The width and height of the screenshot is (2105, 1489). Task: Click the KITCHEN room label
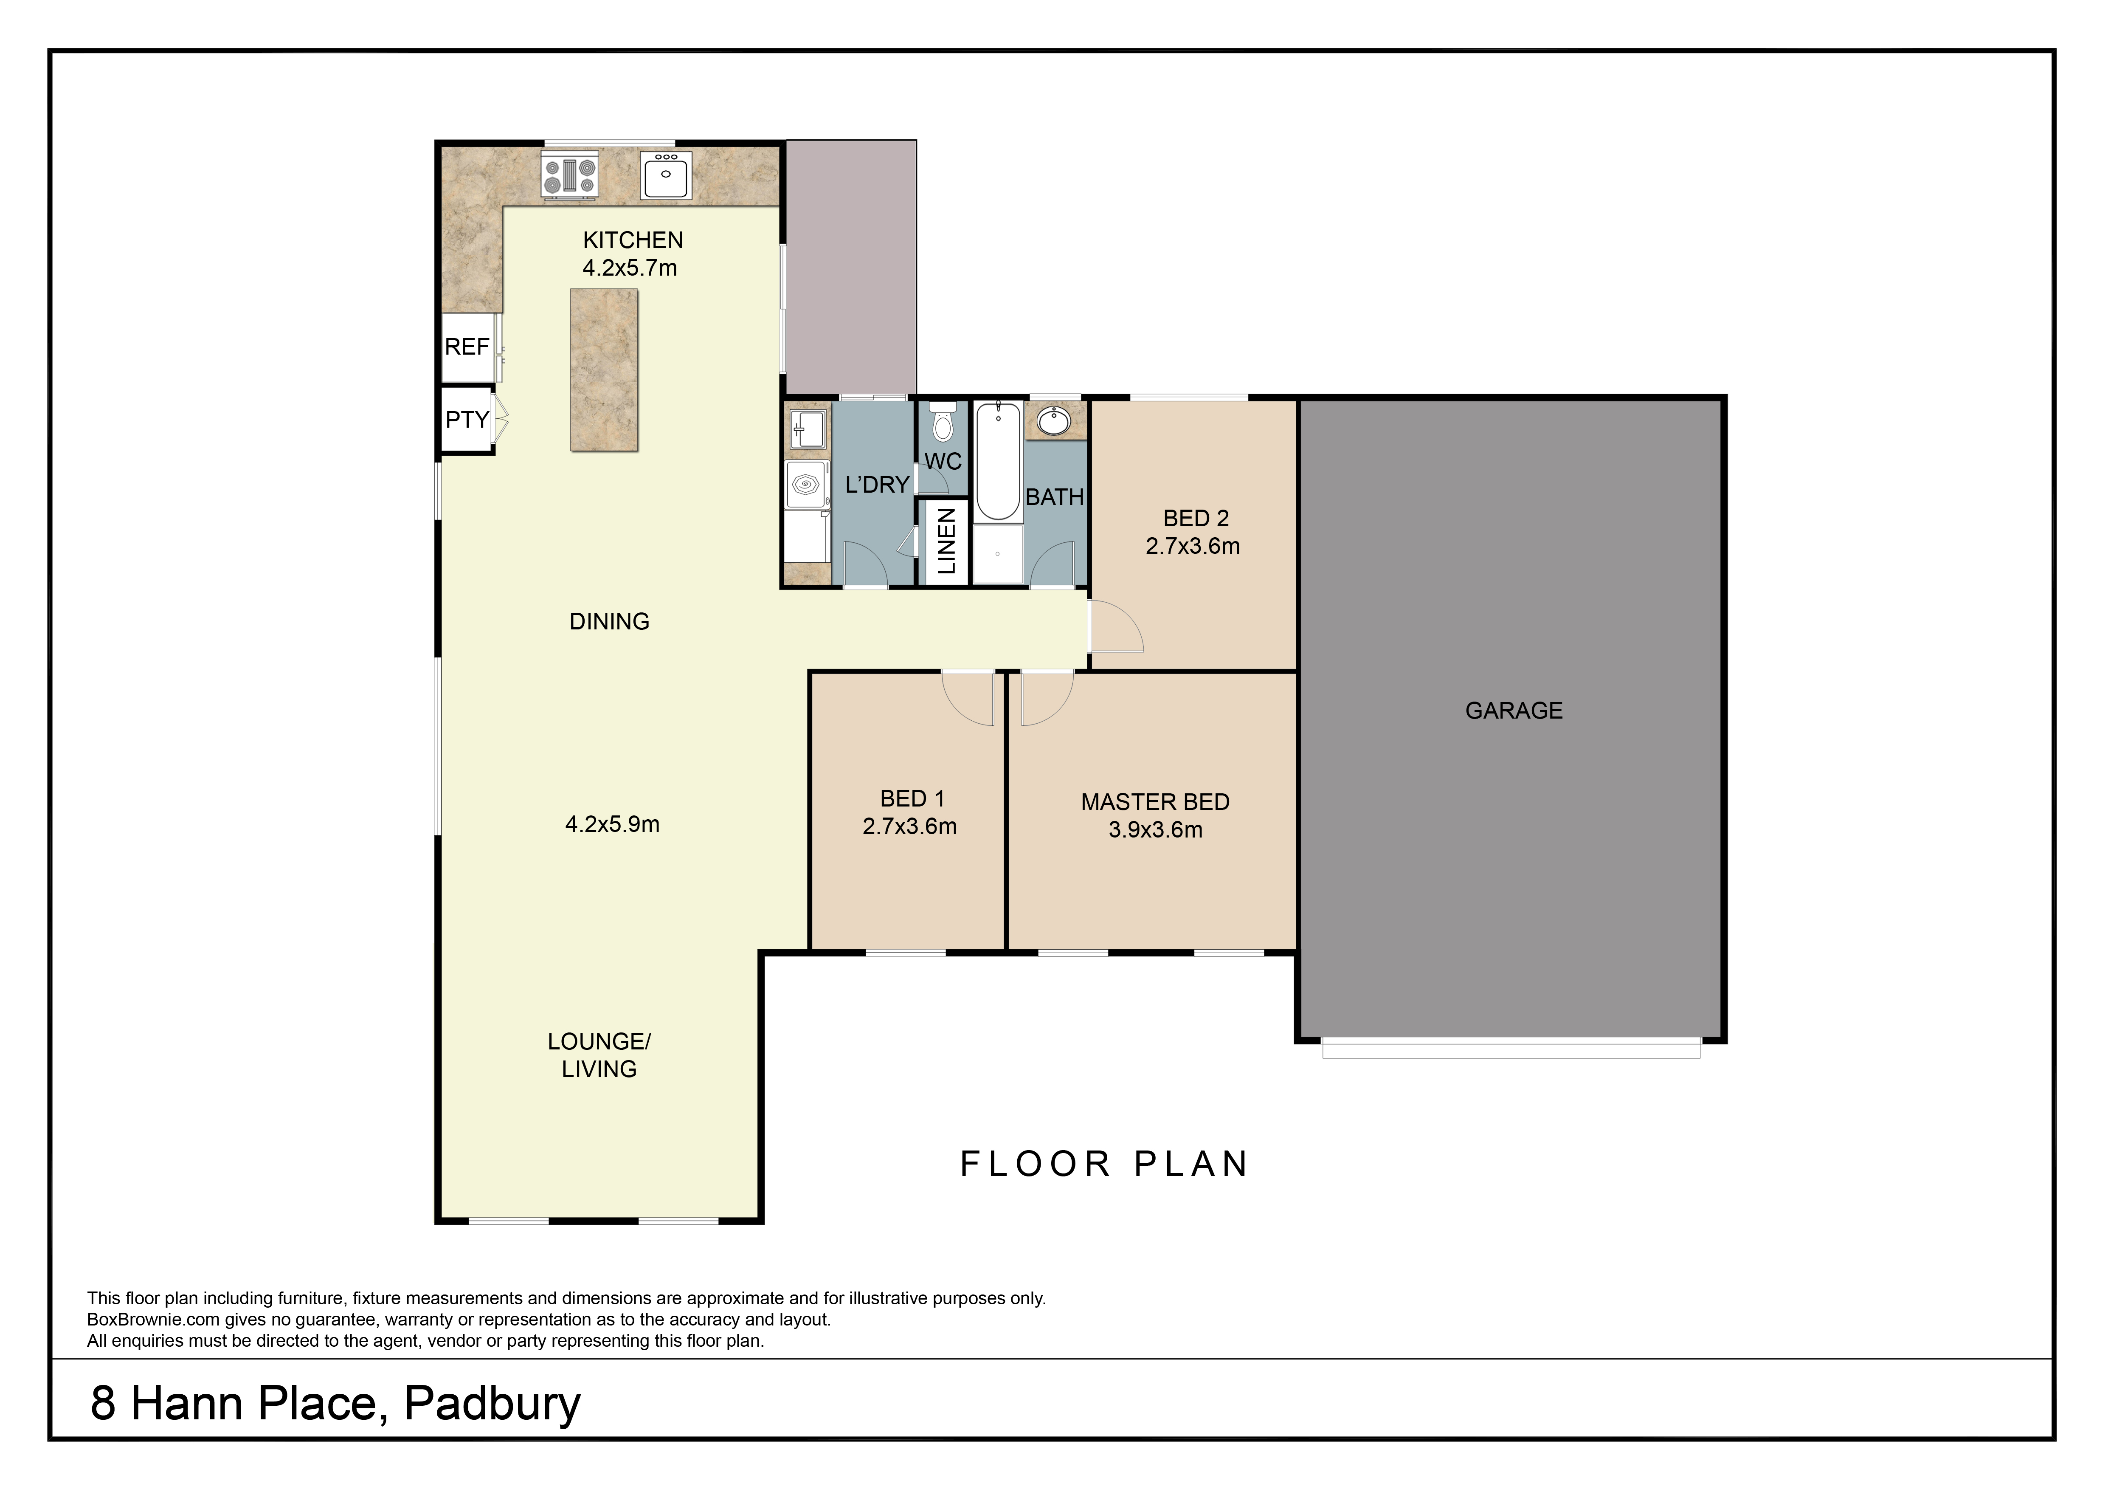633,240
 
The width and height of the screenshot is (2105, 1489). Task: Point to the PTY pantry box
467,420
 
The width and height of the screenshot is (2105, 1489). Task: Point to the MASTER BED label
1155,802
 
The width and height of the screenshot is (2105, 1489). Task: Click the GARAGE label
1514,711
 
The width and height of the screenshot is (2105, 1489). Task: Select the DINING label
610,622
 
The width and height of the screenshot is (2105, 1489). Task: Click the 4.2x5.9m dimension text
612,824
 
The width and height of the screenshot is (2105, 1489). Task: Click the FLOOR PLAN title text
1104,1165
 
